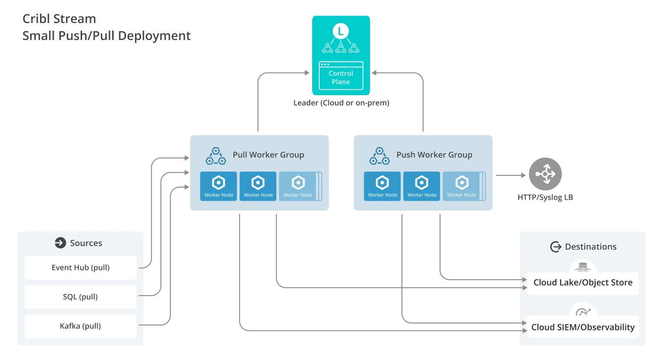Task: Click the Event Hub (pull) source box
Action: [x=81, y=268]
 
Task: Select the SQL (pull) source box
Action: [x=81, y=297]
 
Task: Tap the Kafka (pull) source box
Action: [x=81, y=326]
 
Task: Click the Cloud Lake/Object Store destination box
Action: [x=583, y=283]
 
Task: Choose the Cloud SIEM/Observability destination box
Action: [x=583, y=327]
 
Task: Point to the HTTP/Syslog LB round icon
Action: [x=545, y=174]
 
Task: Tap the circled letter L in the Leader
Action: [x=340, y=32]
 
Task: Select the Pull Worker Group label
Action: [x=268, y=155]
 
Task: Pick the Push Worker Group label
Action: [x=434, y=155]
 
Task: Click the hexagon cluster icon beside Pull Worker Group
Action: [x=215, y=156]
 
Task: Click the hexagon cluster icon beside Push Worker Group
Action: [x=379, y=156]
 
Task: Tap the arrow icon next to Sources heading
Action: [x=60, y=243]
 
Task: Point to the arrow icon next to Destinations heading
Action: [x=555, y=247]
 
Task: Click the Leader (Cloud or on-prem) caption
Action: [x=341, y=103]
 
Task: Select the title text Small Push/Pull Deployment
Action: [x=107, y=36]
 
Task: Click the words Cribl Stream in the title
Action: [x=59, y=19]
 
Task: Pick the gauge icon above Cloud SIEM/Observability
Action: [x=583, y=311]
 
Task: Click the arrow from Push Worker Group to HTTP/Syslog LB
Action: [x=510, y=175]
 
